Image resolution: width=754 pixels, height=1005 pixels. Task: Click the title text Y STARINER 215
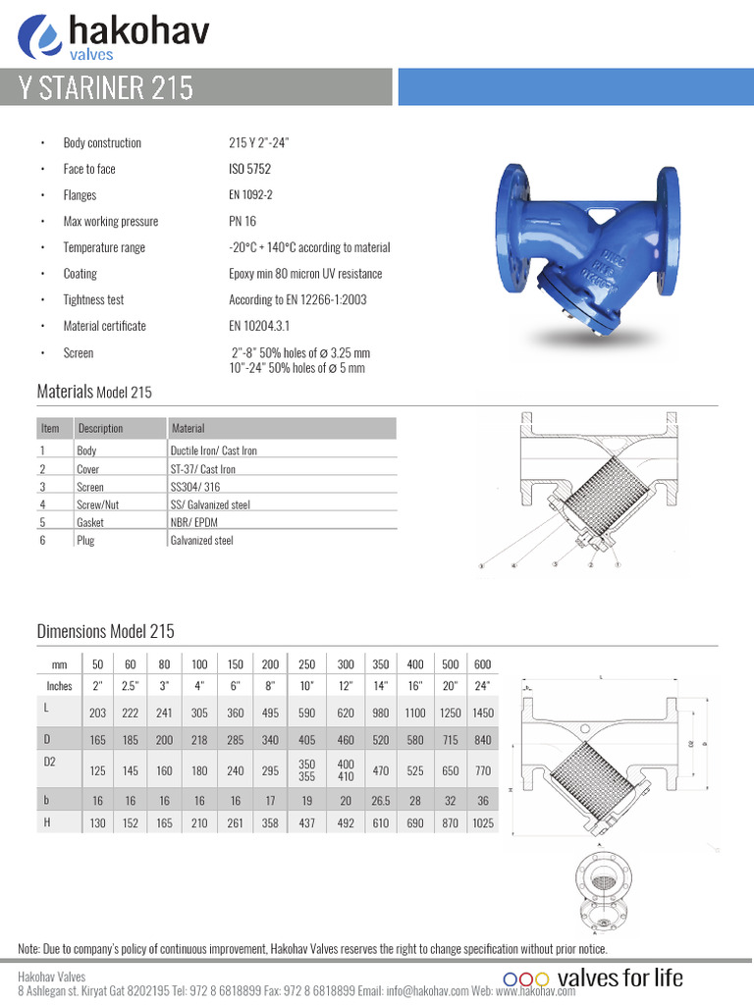tap(107, 88)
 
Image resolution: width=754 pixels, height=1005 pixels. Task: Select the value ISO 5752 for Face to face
tap(250, 169)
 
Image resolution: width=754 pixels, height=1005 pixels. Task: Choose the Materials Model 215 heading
tap(94, 392)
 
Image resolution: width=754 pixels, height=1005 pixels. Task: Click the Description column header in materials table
tap(100, 428)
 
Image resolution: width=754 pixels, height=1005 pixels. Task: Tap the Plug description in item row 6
tap(85, 541)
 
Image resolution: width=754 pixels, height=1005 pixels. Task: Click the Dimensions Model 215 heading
tap(105, 631)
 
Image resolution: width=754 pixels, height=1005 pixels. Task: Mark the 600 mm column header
tap(482, 664)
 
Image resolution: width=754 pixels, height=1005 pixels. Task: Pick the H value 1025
tap(482, 823)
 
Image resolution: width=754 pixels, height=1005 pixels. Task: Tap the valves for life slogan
tap(619, 978)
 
